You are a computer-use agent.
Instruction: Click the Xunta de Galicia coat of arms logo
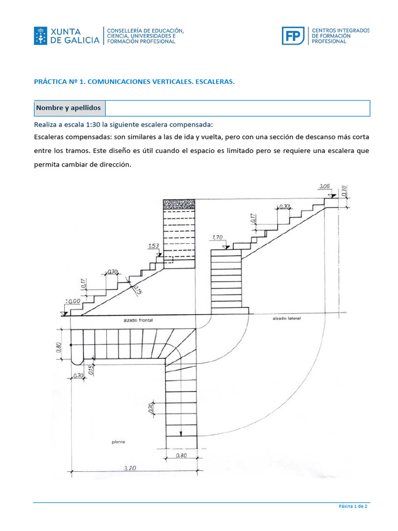point(40,36)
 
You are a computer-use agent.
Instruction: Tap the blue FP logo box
point(293,36)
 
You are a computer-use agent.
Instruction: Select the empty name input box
point(237,108)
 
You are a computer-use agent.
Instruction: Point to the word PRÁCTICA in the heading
point(49,82)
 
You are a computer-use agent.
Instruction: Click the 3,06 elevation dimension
point(324,186)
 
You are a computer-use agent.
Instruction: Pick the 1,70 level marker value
point(217,238)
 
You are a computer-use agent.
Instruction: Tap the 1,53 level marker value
point(153,246)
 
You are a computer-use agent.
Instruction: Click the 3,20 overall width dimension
point(130,468)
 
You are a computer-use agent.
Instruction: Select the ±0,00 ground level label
point(74,301)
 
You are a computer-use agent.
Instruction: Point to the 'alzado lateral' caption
point(287,318)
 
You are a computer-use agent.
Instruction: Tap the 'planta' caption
point(119,442)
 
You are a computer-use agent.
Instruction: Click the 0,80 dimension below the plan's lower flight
point(181,456)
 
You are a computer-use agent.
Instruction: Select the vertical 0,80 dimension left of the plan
point(59,346)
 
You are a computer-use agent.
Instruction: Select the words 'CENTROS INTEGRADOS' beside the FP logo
point(340,31)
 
